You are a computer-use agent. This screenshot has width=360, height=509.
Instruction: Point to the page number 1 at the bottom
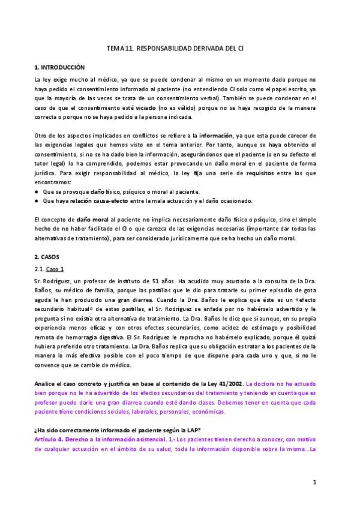tap(314, 482)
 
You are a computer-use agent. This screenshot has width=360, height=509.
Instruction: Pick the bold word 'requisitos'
tap(255, 173)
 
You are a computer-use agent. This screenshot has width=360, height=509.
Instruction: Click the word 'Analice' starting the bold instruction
tap(47, 382)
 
